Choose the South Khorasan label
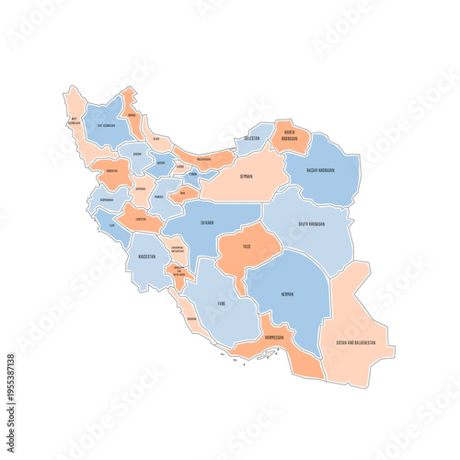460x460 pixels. click(316, 222)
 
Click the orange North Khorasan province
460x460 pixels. click(290, 136)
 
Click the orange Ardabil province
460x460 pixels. click(131, 110)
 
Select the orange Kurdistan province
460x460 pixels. click(112, 171)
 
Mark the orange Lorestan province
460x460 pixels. click(141, 219)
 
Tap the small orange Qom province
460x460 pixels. click(182, 193)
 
